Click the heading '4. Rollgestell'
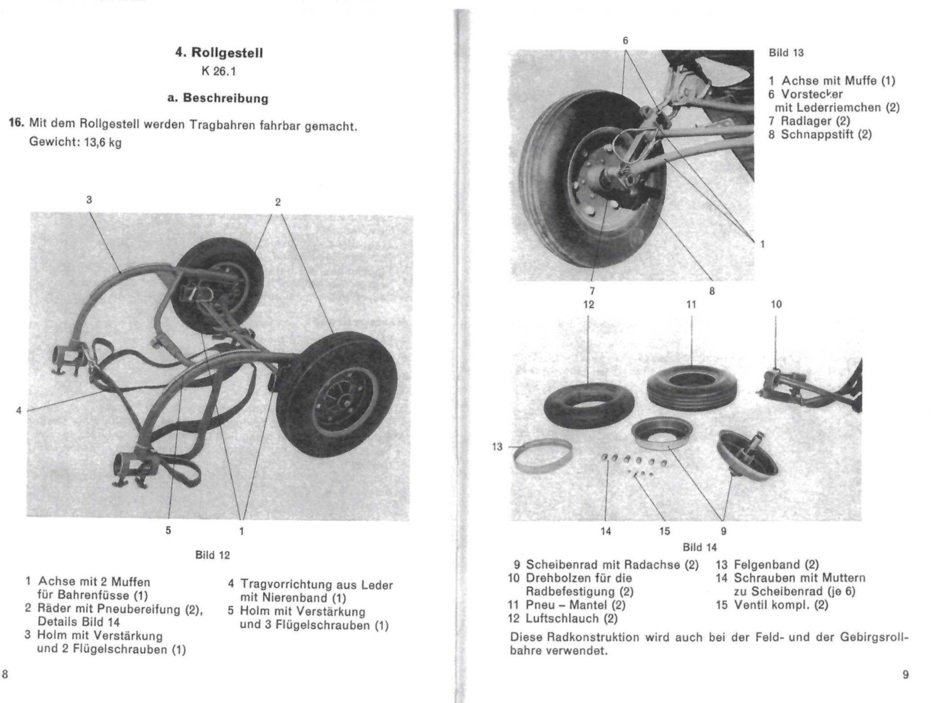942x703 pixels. [219, 53]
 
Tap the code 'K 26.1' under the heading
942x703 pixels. [219, 71]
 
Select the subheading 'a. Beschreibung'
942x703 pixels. [218, 98]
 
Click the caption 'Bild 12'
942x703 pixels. [212, 555]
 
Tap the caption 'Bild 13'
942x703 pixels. [786, 53]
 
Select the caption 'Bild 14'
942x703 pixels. [700, 548]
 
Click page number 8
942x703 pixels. [5, 674]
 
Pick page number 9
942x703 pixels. [906, 675]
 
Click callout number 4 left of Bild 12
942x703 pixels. [19, 410]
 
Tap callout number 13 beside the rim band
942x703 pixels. [497, 447]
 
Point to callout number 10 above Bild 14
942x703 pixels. [776, 304]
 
